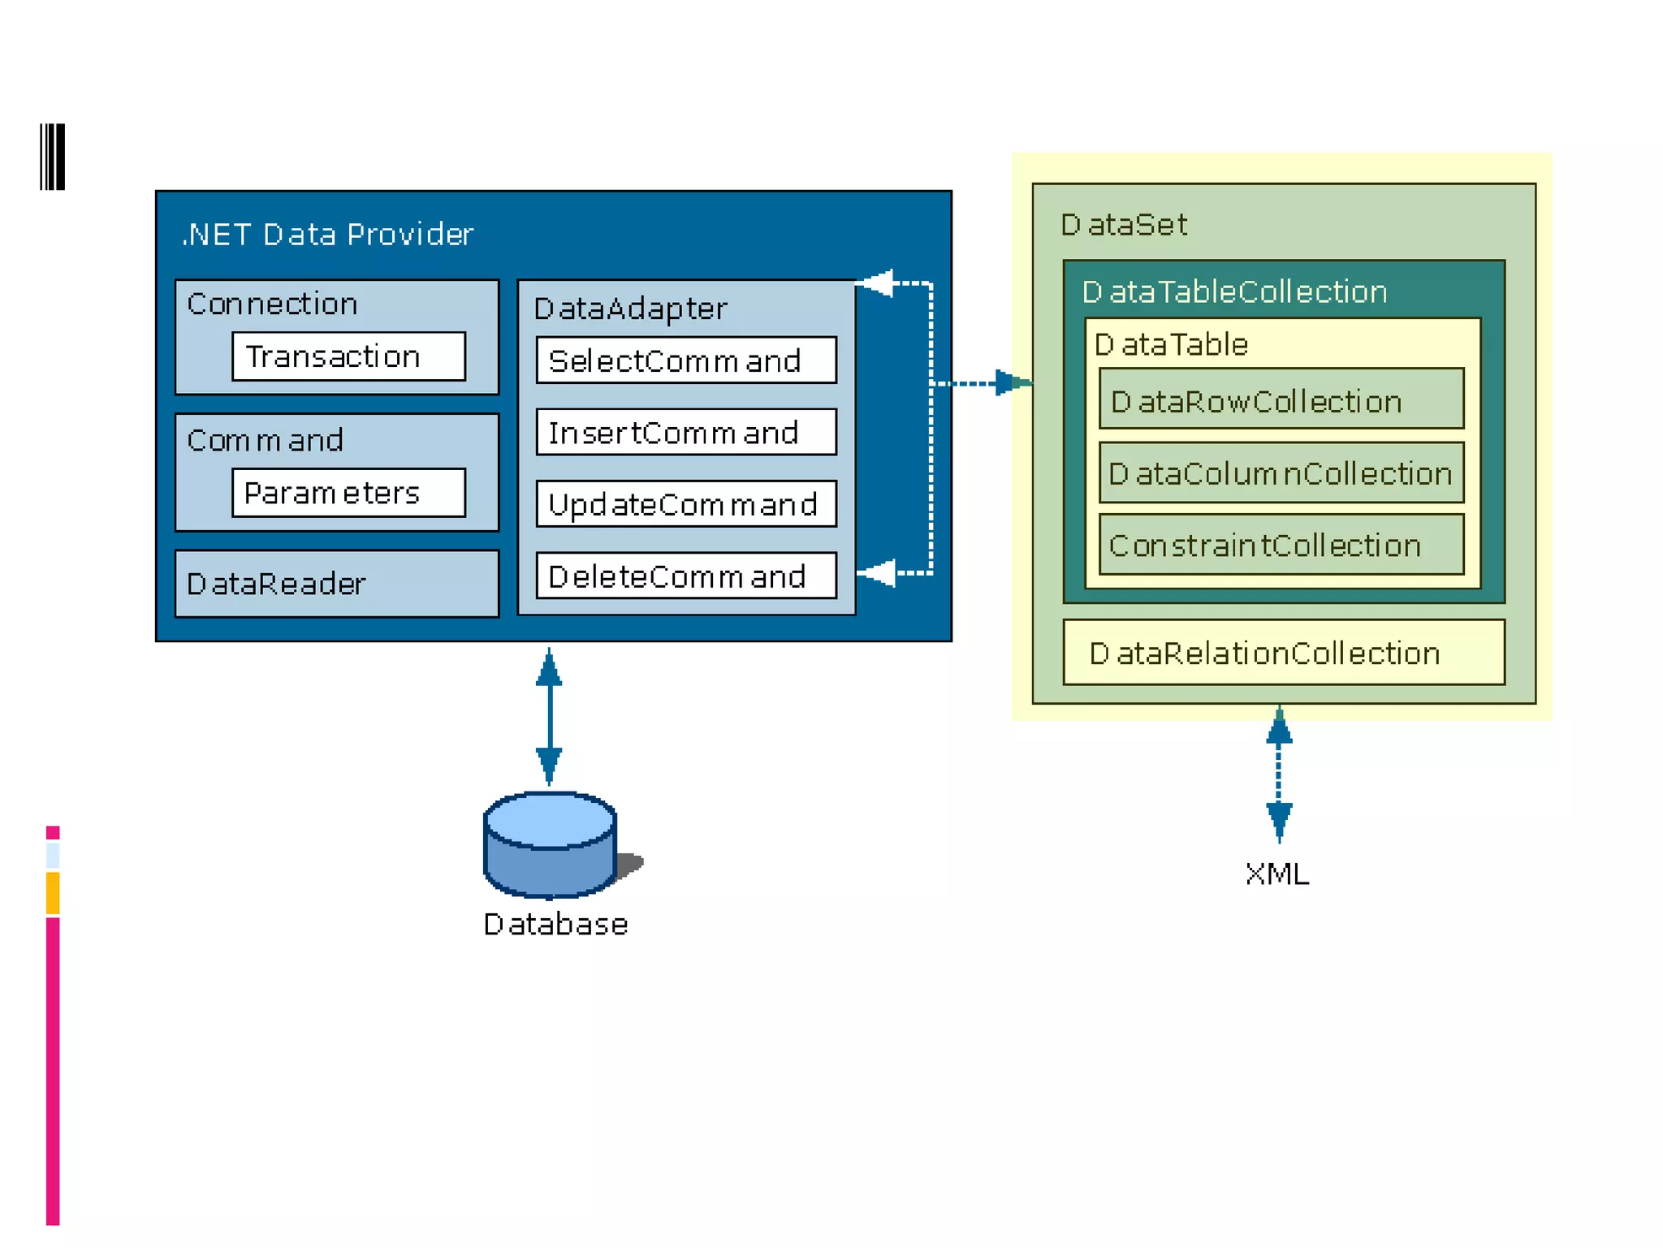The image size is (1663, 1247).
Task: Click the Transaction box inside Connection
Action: point(348,356)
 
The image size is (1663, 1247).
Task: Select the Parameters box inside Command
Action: point(348,492)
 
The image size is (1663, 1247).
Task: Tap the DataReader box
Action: point(337,583)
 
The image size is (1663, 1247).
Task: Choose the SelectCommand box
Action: point(686,360)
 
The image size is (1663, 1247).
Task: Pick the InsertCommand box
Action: point(686,432)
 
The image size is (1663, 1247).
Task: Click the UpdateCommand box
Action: point(686,503)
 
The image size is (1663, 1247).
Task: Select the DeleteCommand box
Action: point(686,576)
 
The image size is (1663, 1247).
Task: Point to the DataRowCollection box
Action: point(1281,399)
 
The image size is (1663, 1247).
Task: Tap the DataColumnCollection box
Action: point(1281,472)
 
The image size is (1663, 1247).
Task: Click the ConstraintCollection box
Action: point(1281,544)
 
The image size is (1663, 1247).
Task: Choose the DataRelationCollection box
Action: point(1284,652)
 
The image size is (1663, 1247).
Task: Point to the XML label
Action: point(1277,874)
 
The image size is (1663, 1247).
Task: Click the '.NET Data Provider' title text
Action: point(327,235)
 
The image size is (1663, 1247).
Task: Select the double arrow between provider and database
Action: point(549,717)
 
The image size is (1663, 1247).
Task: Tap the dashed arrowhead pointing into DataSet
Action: point(1013,382)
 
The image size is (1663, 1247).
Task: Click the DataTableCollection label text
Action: point(1234,291)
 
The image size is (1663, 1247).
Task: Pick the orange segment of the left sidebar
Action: point(53,893)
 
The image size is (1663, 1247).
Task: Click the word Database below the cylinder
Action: point(555,925)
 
